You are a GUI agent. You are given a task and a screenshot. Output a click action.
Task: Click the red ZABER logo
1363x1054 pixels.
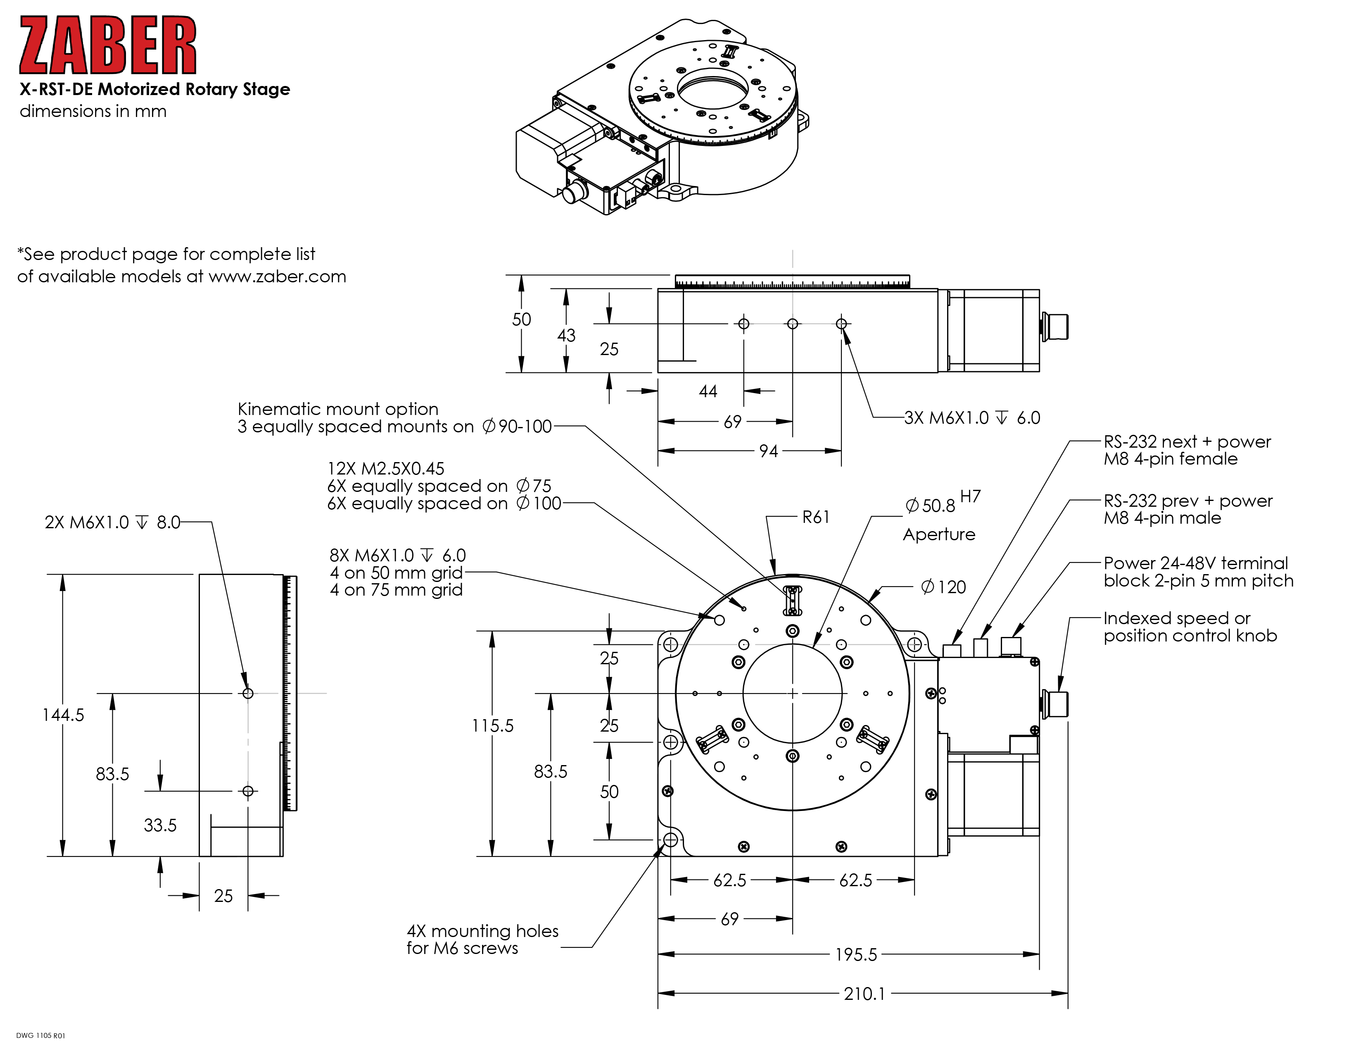pyautogui.click(x=108, y=45)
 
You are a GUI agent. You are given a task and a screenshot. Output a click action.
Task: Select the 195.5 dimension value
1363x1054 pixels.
pyautogui.click(x=856, y=954)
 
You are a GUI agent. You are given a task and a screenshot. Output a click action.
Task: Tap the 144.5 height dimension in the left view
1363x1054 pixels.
pyautogui.click(x=63, y=715)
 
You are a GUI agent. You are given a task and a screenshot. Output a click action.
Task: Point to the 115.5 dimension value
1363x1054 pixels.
pyautogui.click(x=492, y=725)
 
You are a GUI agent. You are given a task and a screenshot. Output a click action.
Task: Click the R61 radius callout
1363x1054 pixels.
pyautogui.click(x=816, y=517)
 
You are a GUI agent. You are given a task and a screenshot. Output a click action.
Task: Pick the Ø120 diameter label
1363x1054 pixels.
pyautogui.click(x=944, y=587)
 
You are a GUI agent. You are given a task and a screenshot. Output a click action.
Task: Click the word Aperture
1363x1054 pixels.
pyautogui.click(x=939, y=534)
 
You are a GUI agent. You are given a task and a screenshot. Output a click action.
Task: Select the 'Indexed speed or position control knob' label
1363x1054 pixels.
pyautogui.click(x=1190, y=627)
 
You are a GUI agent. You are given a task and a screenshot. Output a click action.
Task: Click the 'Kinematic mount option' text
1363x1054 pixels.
pyautogui.click(x=337, y=409)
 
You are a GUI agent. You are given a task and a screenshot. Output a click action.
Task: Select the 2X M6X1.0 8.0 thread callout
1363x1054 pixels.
pyautogui.click(x=112, y=522)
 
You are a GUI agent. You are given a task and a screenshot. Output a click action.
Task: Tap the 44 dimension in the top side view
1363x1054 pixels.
pyautogui.click(x=708, y=391)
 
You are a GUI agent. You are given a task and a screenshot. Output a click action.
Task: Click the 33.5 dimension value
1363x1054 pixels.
pyautogui.click(x=160, y=825)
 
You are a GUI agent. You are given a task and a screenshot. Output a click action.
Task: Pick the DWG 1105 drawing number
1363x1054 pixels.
pyautogui.click(x=40, y=1035)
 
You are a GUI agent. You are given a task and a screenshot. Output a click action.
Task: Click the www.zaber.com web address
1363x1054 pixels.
pyautogui.click(x=277, y=277)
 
